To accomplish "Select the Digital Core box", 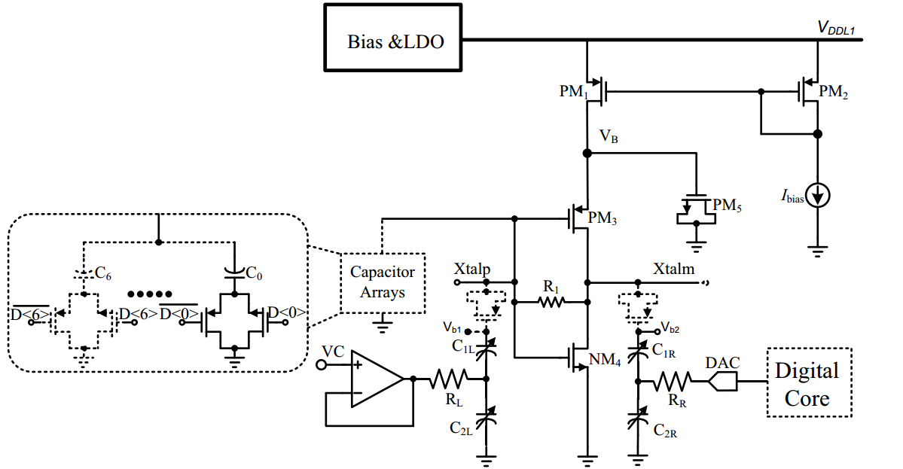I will tap(808, 382).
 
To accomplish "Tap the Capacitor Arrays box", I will tap(383, 282).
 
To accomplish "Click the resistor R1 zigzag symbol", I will tap(551, 303).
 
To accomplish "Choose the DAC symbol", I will tap(721, 381).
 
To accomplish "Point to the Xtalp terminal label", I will tap(472, 269).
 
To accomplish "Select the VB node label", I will tap(609, 136).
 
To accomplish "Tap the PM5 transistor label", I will tap(728, 206).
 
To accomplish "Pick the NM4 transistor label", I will tap(605, 360).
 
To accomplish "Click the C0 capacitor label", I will tap(255, 276).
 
